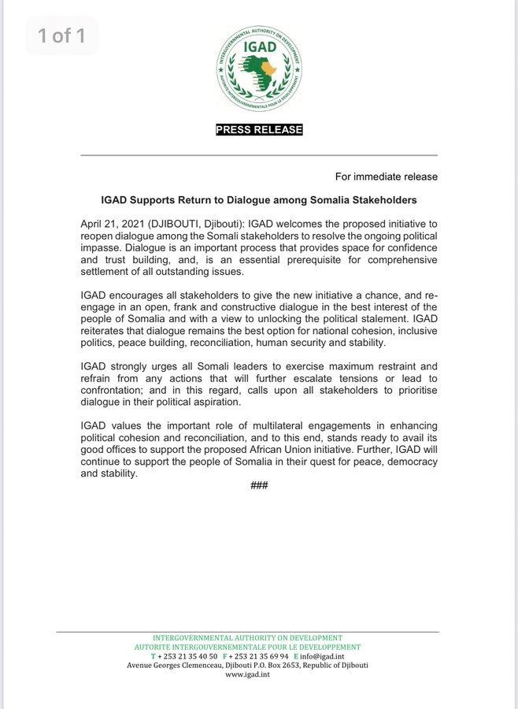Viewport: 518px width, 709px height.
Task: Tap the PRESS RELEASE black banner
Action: tap(259, 130)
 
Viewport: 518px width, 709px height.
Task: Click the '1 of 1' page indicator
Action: tap(61, 35)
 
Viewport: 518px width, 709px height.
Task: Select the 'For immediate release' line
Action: tap(386, 176)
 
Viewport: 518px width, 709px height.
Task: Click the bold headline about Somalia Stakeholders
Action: tap(259, 200)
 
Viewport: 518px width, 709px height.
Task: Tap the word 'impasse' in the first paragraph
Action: tap(103, 247)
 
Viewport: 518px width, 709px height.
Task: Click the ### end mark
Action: tap(259, 484)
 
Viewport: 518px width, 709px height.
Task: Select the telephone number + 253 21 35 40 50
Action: tap(188, 656)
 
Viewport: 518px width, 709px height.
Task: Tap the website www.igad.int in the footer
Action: tap(247, 675)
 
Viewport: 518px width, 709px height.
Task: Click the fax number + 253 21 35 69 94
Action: tap(258, 656)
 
